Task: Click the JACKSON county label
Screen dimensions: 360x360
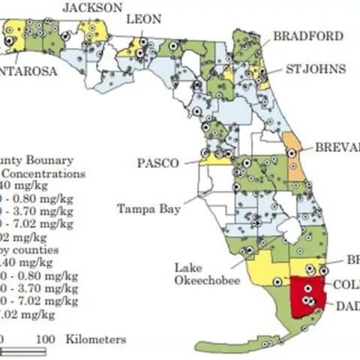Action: pyautogui.click(x=92, y=8)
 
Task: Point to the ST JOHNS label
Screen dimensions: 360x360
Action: pyautogui.click(x=316, y=69)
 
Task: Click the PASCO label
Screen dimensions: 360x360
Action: pyautogui.click(x=158, y=163)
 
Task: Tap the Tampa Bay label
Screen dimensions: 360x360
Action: pyautogui.click(x=148, y=209)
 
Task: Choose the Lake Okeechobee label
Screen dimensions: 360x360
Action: pyautogui.click(x=207, y=274)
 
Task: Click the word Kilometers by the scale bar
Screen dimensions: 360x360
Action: pyautogui.click(x=95, y=339)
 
